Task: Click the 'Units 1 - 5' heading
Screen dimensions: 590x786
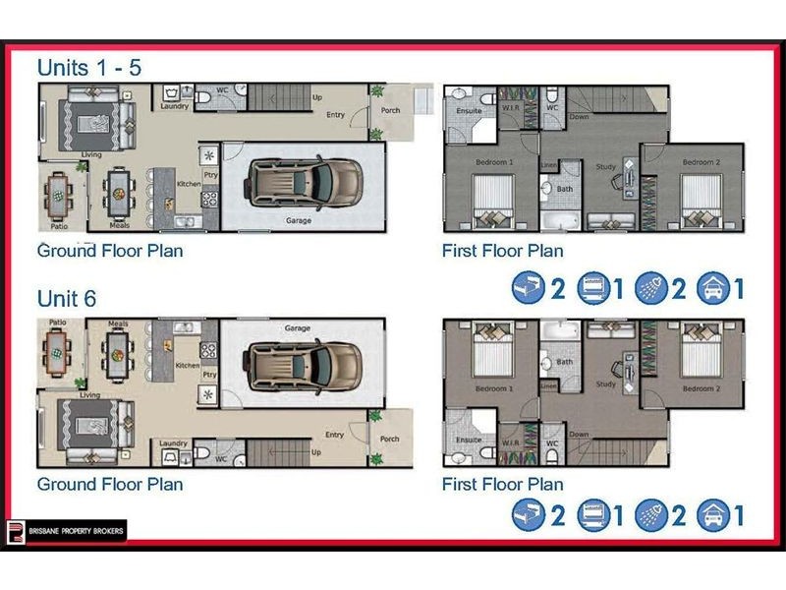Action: tap(88, 67)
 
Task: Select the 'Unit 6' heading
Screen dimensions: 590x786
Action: tap(67, 299)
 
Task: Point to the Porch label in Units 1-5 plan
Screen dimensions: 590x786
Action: tap(390, 110)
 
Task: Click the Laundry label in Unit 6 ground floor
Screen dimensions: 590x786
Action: tap(174, 444)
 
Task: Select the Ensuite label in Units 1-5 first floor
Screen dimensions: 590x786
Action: tap(470, 110)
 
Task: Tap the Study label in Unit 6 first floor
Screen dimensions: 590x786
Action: tap(606, 383)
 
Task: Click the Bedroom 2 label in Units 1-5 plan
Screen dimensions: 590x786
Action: tap(699, 161)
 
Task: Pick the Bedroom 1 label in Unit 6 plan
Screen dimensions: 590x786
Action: tap(495, 389)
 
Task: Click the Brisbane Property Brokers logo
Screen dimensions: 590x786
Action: tap(67, 530)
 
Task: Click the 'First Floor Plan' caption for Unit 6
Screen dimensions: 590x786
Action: tap(502, 484)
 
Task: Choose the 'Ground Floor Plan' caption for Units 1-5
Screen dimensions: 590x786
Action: tap(110, 250)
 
